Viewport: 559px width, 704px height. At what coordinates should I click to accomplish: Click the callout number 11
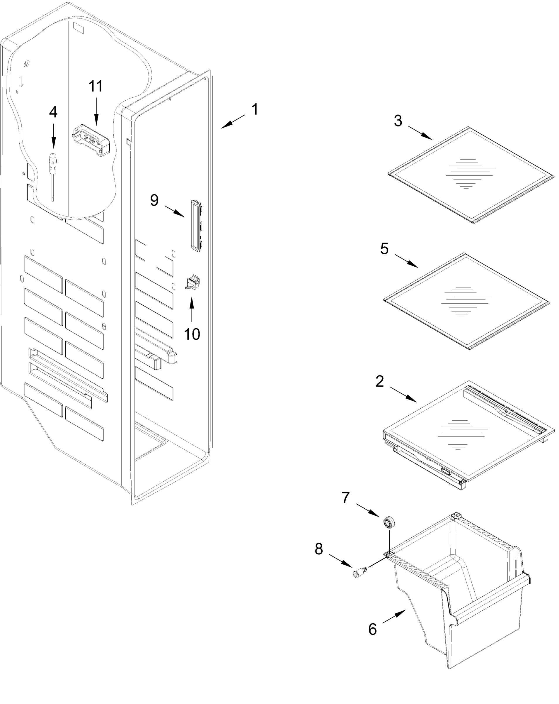click(96, 86)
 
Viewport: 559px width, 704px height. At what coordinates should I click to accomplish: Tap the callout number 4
click(53, 112)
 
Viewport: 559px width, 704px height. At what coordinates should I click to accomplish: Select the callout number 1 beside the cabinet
click(255, 109)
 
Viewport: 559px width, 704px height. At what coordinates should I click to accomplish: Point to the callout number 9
click(154, 200)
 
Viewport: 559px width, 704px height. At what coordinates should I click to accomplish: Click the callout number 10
click(192, 334)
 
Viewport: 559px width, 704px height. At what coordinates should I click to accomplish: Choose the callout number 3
click(398, 121)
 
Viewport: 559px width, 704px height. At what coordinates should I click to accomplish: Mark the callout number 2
click(380, 381)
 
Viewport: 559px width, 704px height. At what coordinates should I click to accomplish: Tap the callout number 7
click(346, 497)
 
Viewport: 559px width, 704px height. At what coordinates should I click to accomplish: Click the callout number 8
click(319, 549)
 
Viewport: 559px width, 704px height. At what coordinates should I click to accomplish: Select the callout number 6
click(372, 629)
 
